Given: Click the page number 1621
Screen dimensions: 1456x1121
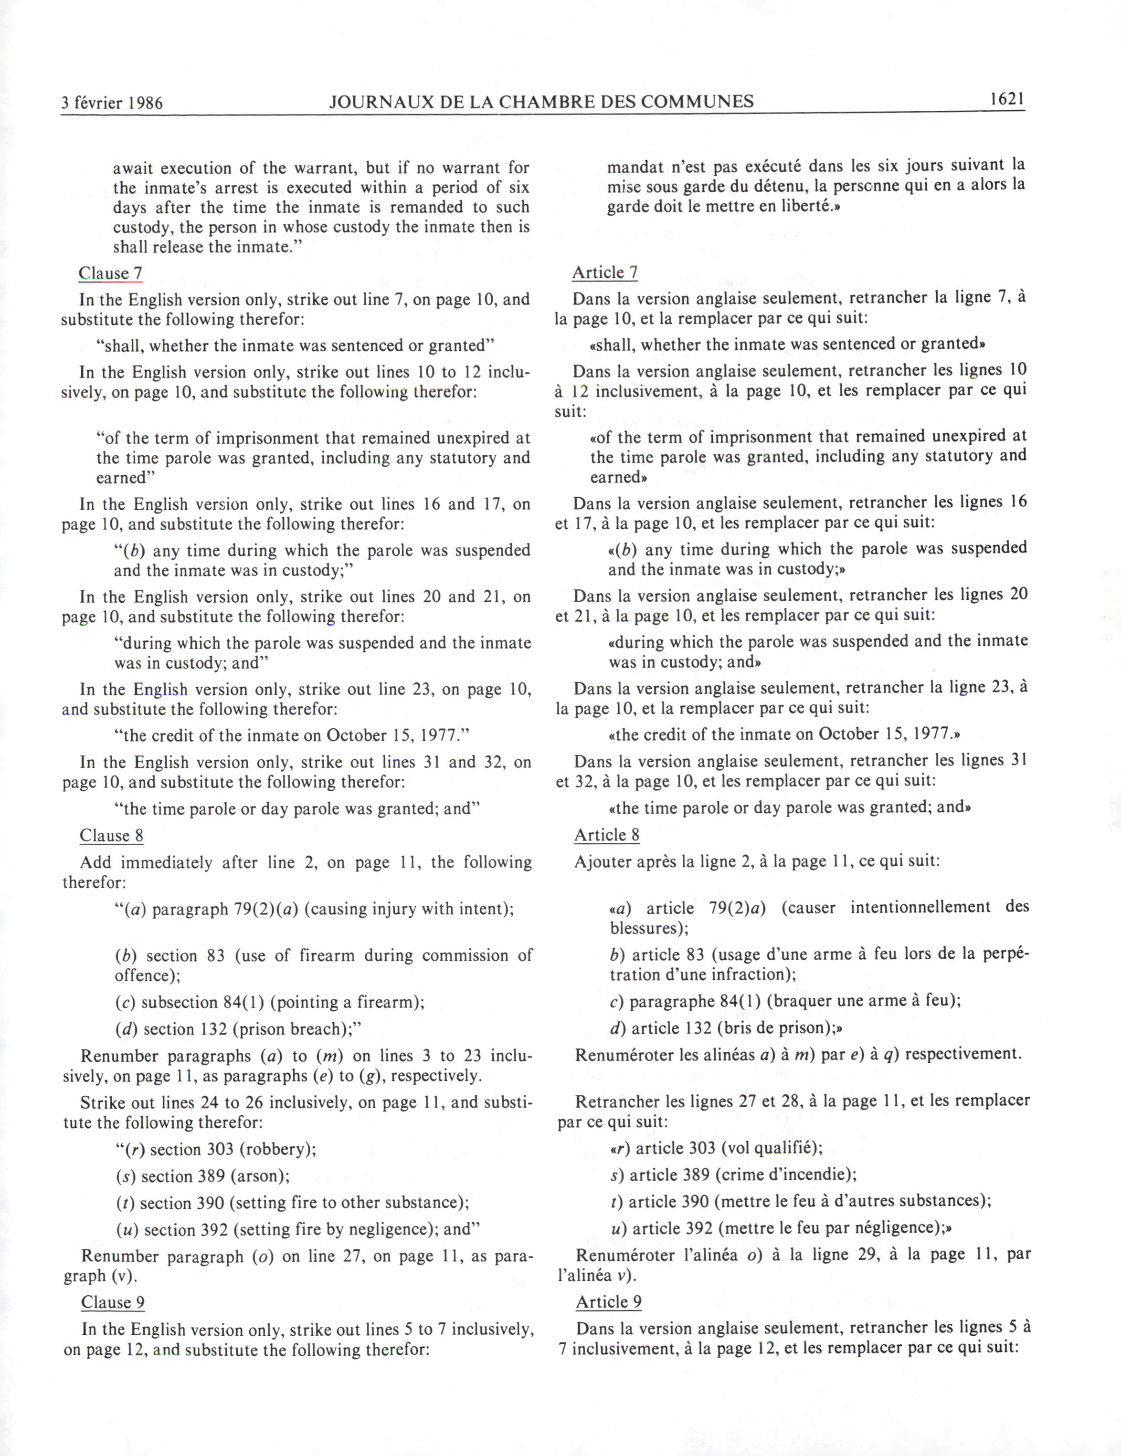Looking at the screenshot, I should [1006, 99].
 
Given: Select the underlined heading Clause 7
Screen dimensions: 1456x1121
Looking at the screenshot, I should [110, 273].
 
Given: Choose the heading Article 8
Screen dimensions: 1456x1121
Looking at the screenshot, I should [606, 835].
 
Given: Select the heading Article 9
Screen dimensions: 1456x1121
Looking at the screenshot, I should [608, 1301].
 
